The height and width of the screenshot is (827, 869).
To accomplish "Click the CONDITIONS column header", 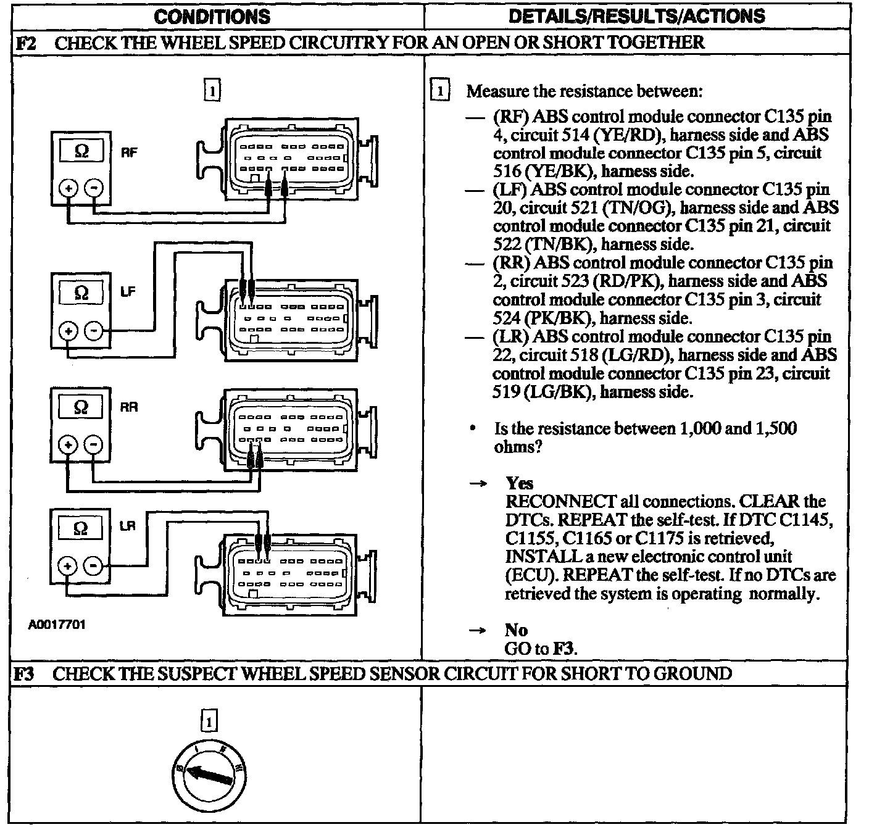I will [x=212, y=16].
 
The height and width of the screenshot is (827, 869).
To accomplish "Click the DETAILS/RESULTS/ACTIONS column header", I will [x=636, y=16].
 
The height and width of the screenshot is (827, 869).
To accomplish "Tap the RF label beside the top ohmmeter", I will [x=128, y=152].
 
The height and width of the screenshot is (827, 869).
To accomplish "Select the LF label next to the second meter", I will [x=127, y=292].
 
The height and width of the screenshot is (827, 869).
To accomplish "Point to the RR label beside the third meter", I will [x=129, y=407].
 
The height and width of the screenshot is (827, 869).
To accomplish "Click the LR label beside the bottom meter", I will [x=127, y=526].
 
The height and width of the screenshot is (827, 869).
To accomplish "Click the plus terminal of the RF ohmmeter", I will [x=69, y=188].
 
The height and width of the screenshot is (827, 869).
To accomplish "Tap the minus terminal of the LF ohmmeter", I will [x=93, y=331].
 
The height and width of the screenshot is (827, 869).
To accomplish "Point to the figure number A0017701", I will [x=57, y=625].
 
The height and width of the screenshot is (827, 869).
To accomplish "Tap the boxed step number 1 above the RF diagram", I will [x=211, y=91].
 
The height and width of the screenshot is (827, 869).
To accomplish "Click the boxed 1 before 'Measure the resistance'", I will [x=439, y=91].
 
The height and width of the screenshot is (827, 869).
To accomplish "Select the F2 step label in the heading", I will [x=27, y=43].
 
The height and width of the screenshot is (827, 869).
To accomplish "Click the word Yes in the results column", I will [x=519, y=483].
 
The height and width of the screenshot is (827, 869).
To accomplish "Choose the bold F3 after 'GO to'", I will [x=563, y=649].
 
